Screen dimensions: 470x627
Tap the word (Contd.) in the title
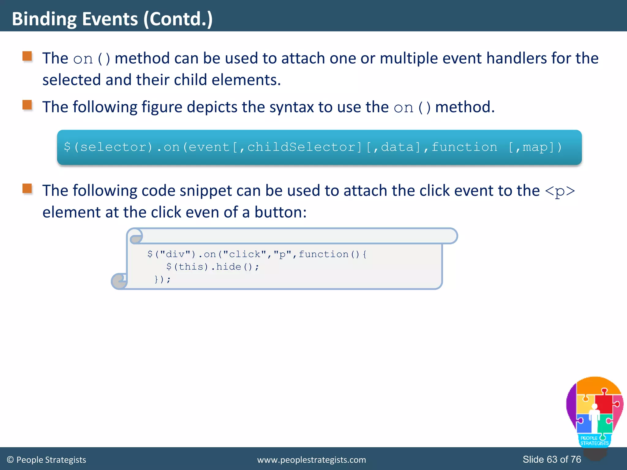(178, 19)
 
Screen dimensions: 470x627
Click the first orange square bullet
(27, 56)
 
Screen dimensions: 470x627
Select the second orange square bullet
(27, 105)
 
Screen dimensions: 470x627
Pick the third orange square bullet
(27, 188)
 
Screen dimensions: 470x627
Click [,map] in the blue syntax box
(535, 147)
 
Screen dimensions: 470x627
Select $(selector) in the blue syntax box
(108, 147)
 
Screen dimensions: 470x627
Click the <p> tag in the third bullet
(560, 191)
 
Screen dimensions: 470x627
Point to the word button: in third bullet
(280, 212)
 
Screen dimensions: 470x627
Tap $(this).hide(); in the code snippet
(212, 267)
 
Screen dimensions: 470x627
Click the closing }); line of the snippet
(162, 279)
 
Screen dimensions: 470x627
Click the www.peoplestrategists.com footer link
(311, 460)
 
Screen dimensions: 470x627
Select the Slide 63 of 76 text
(552, 459)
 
